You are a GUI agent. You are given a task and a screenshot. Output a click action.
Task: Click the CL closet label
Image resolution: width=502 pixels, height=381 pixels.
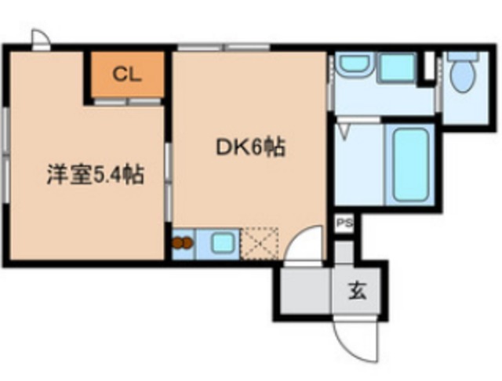[x=125, y=74]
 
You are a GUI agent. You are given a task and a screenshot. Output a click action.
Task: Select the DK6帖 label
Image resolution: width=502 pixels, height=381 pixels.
[x=250, y=146]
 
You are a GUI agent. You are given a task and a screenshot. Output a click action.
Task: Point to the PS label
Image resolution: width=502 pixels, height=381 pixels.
[x=344, y=223]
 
